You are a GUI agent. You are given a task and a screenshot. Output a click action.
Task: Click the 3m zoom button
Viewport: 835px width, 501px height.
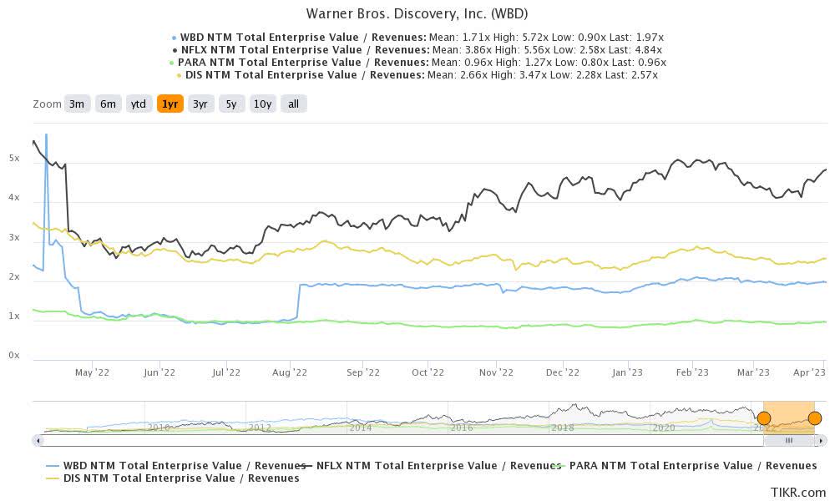pos(77,104)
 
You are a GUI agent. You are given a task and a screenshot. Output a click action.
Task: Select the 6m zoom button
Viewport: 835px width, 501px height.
pos(108,104)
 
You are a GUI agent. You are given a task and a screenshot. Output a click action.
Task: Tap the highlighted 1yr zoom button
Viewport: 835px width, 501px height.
pos(170,104)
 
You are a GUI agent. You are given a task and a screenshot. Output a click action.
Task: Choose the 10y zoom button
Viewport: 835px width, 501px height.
pos(262,104)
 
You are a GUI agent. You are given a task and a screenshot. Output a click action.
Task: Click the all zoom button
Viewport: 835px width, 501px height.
pos(294,104)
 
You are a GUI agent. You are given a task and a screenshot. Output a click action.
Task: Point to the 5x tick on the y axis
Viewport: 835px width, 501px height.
pos(14,158)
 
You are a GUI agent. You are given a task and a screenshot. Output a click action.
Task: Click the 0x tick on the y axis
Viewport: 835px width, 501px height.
pos(14,356)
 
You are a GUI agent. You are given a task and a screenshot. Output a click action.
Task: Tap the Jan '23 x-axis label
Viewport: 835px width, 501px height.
pos(625,372)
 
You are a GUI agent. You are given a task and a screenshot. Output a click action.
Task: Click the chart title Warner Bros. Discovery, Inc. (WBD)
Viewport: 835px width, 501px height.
pos(417,13)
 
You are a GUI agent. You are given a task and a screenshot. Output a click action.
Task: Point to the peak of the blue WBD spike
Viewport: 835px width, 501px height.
pos(46,134)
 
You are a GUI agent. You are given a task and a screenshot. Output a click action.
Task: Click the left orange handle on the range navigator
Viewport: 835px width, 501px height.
pos(763,418)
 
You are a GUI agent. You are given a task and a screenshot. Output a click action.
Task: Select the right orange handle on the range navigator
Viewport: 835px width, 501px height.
pos(815,418)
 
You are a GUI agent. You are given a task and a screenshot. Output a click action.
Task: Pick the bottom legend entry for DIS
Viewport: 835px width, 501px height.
pos(171,478)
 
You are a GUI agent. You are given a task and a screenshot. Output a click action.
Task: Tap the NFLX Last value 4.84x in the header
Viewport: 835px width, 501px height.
pos(646,49)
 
